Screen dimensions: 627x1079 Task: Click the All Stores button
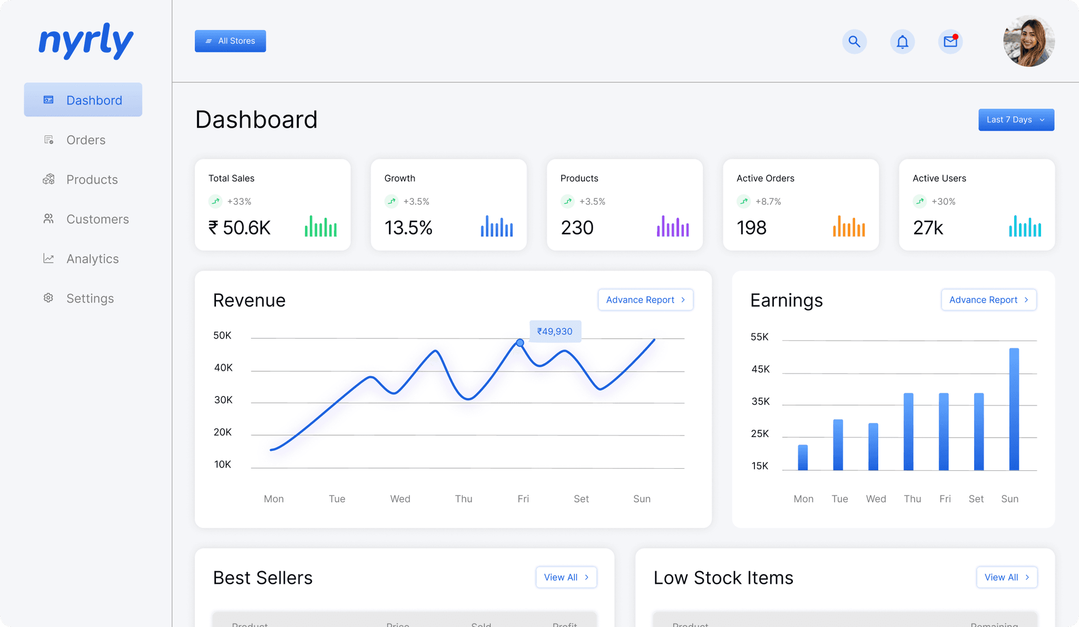[230, 41]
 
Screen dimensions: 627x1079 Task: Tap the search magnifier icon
[854, 42]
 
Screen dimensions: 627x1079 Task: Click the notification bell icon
[902, 42]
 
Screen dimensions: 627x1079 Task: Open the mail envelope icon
[950, 42]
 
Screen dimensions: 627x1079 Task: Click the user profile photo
[1028, 41]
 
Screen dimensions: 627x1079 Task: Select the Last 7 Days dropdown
[1016, 120]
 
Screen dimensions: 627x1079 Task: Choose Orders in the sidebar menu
[85, 140]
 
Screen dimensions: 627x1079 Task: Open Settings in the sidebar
[90, 298]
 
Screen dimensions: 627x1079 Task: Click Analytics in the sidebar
[92, 259]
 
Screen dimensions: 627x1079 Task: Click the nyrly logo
[86, 41]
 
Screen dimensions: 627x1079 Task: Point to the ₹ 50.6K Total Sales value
[240, 228]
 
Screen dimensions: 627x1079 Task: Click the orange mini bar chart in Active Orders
[848, 227]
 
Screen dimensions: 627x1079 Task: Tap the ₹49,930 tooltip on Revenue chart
[555, 331]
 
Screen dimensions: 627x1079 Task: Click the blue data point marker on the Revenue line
[520, 343]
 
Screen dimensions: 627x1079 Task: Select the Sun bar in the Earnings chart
[1014, 409]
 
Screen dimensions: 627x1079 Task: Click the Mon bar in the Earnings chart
[802, 457]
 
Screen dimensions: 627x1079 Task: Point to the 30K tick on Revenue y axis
[223, 400]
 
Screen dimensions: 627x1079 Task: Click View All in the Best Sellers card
[566, 577]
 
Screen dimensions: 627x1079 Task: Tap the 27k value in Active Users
[928, 228]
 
